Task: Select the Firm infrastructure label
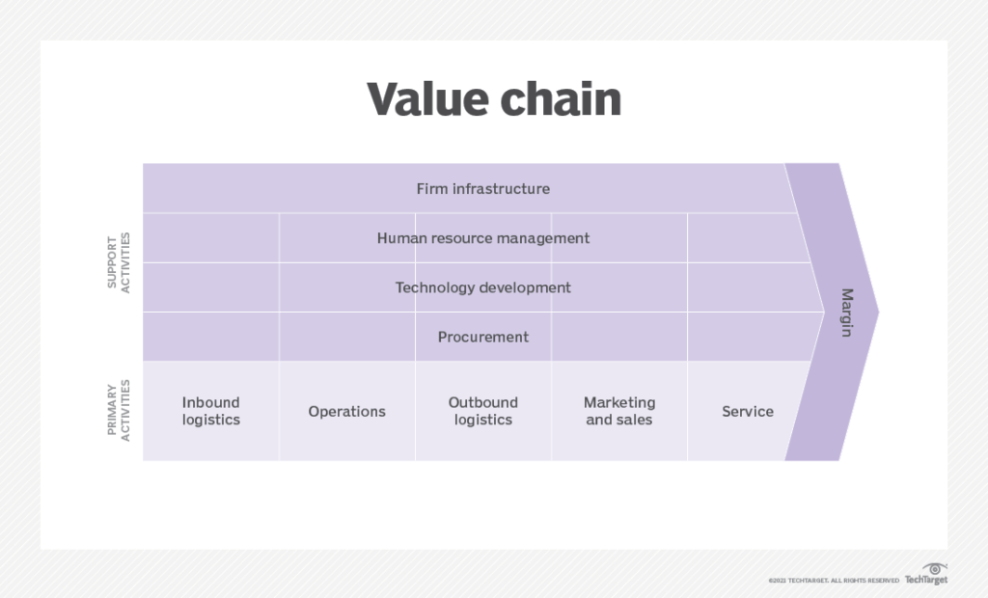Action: click(482, 189)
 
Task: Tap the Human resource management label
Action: click(482, 238)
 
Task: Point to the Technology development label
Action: click(482, 287)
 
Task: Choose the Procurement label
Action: click(482, 337)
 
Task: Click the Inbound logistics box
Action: click(210, 411)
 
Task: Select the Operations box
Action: click(346, 412)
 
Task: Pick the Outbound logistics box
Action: click(482, 411)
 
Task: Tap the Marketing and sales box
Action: click(618, 411)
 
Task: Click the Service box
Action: click(747, 412)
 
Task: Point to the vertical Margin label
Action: click(846, 312)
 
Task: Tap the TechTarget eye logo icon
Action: click(933, 569)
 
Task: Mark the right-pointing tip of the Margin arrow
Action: click(877, 312)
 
